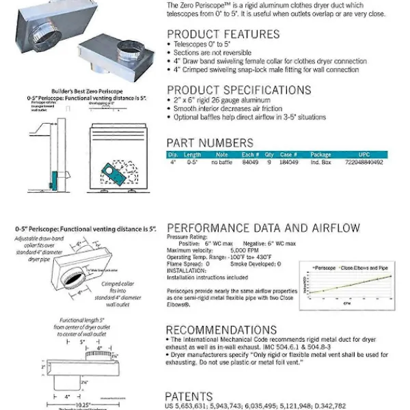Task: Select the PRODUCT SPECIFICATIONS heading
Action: pos(230,90)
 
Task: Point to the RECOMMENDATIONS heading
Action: pos(221,330)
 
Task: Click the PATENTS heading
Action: pos(189,396)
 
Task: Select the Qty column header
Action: pos(269,154)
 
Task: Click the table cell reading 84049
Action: pos(250,162)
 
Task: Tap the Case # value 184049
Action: pos(289,162)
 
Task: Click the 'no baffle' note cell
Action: pos(222,162)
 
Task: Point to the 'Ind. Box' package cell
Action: pos(320,162)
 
